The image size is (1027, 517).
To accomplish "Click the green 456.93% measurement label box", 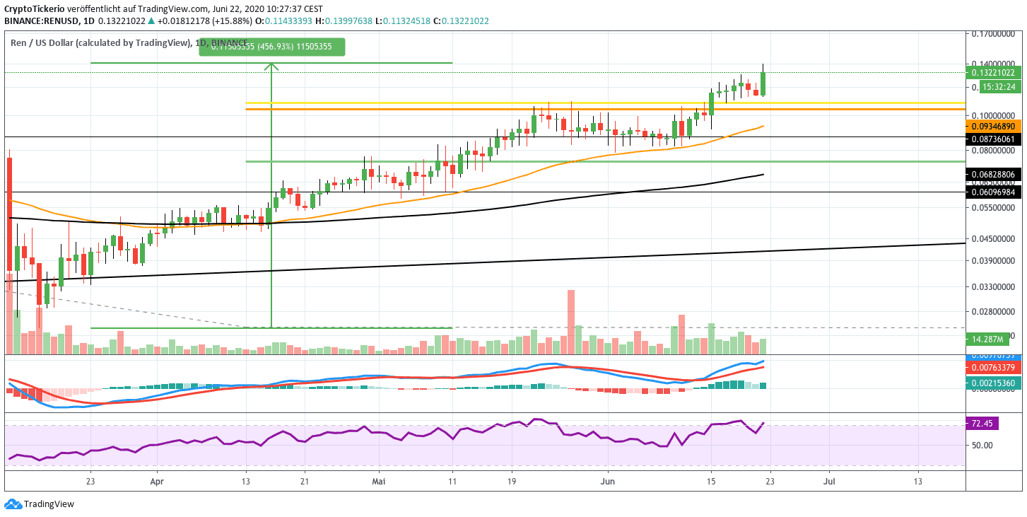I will tap(272, 47).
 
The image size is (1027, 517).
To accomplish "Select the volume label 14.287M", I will tap(994, 340).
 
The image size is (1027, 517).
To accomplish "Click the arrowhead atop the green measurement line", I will tap(272, 67).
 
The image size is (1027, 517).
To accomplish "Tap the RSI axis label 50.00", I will tap(984, 445).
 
